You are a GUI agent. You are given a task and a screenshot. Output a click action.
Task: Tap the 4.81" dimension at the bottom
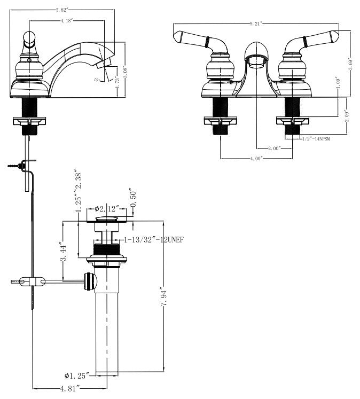click(71, 388)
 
